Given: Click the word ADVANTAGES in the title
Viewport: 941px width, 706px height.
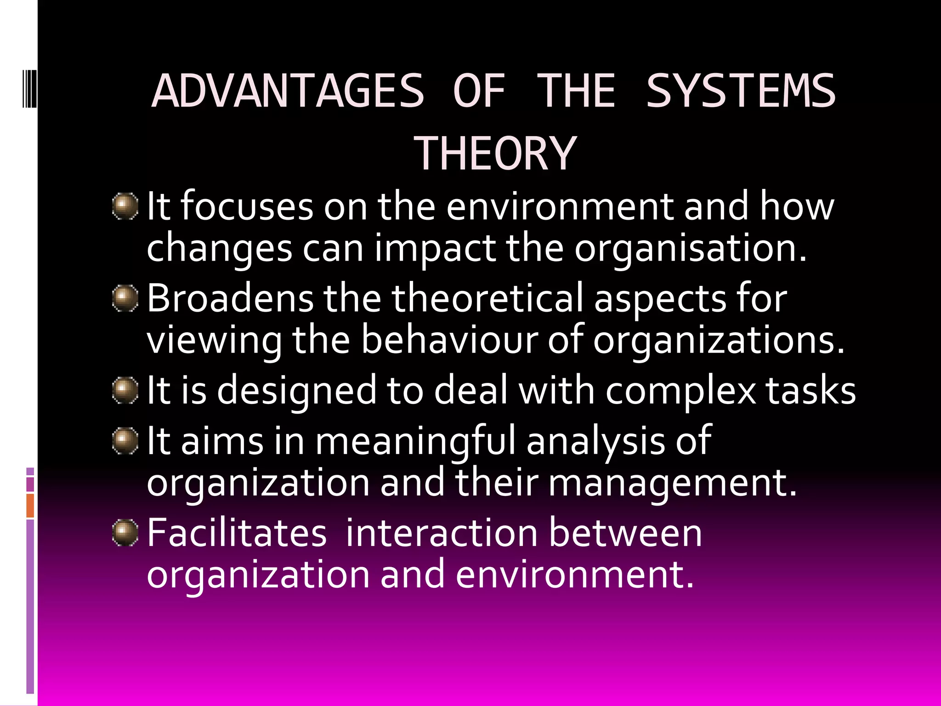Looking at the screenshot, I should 288,91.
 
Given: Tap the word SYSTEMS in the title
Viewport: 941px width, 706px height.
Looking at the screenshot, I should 740,91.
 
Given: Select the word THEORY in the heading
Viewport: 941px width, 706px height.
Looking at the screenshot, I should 495,154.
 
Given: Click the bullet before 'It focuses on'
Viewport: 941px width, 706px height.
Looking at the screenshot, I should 125,206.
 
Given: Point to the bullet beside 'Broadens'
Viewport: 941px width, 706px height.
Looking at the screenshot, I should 125,298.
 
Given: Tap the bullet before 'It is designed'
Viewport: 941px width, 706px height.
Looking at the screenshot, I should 125,390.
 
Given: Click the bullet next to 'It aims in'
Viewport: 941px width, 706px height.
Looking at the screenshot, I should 125,441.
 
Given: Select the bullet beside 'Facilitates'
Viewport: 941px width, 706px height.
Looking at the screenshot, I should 125,533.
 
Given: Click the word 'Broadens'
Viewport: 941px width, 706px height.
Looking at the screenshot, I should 230,298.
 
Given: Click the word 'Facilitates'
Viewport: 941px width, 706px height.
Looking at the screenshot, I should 237,533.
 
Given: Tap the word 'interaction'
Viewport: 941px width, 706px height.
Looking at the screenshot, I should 442,533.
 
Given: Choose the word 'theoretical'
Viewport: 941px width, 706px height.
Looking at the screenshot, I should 487,298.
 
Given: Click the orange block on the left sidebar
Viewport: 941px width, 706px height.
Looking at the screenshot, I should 30,506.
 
